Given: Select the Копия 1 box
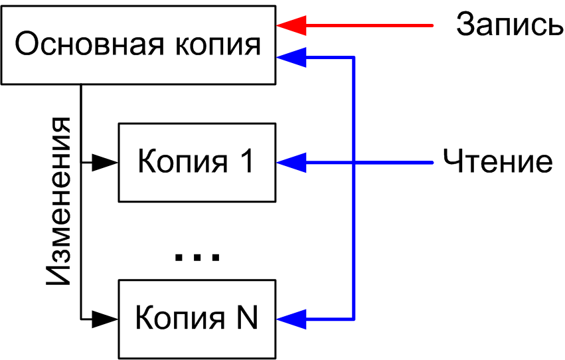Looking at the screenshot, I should [197, 162].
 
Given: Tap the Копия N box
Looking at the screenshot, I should [197, 319].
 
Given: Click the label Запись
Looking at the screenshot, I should [509, 26].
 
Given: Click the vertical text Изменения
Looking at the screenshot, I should [59, 201].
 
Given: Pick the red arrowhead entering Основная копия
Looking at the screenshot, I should [291, 26].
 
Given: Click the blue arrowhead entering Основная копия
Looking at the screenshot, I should [291, 57].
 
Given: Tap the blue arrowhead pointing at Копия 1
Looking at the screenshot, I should [291, 162].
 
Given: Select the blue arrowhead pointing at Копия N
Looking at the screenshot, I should [291, 319].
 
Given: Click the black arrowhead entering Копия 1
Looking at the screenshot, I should [105, 162].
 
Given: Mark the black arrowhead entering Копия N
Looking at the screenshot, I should [105, 319].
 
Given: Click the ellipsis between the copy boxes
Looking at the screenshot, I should [197, 257].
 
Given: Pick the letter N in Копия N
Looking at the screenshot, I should [246, 319].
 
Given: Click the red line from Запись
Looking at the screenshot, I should [372, 26].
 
